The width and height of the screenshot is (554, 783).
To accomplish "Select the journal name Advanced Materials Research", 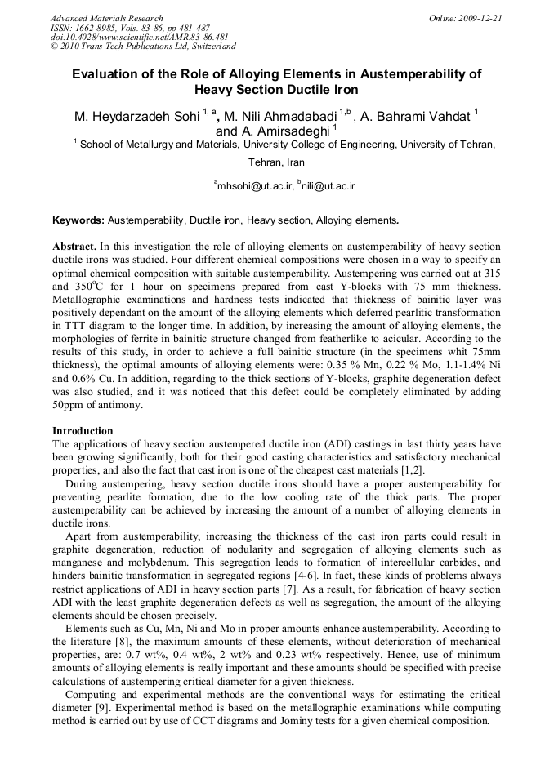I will coord(106,18).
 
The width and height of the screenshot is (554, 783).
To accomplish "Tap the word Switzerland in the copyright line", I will coord(208,47).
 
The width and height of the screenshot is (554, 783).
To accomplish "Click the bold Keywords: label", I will coord(78,220).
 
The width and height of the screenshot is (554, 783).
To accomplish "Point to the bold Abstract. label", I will coord(74,246).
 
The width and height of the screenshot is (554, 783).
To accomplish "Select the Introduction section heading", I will coord(83,430).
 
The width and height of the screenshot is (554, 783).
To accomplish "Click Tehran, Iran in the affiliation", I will coord(276,162).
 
